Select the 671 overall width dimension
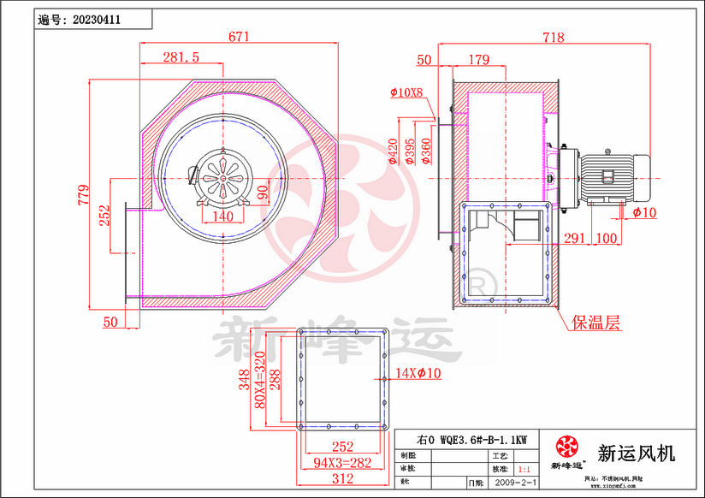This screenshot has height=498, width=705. pyautogui.click(x=239, y=37)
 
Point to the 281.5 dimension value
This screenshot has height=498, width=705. pyautogui.click(x=181, y=57)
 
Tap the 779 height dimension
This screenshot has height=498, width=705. pyautogui.click(x=83, y=194)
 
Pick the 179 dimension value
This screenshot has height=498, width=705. pyautogui.click(x=479, y=60)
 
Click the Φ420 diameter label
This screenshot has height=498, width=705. pyautogui.click(x=393, y=151)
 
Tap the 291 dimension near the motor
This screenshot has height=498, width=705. pyautogui.click(x=575, y=237)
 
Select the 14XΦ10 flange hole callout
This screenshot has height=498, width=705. pyautogui.click(x=418, y=373)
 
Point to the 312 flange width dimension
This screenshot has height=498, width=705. pyautogui.click(x=342, y=478)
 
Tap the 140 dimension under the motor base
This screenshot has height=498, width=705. pyautogui.click(x=222, y=216)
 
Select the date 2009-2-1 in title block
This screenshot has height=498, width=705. pyautogui.click(x=517, y=483)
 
